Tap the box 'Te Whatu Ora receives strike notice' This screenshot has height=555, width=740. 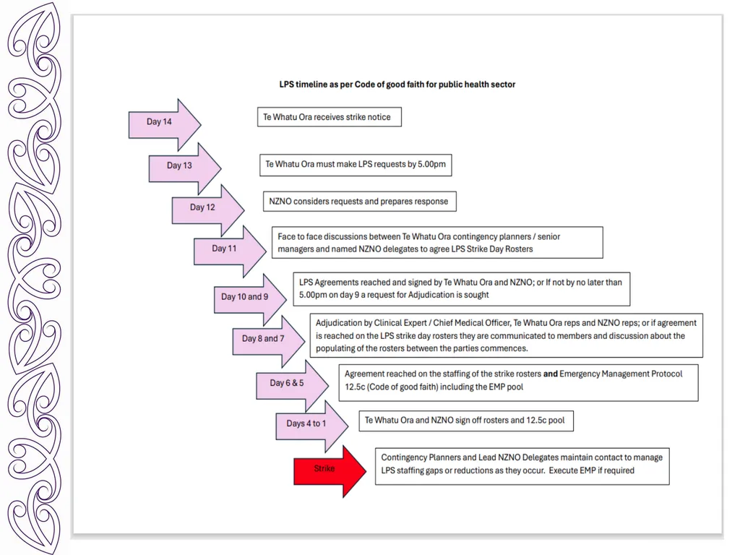coord(330,117)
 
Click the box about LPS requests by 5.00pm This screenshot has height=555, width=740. coord(356,165)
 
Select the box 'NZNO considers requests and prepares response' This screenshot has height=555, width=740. coord(360,202)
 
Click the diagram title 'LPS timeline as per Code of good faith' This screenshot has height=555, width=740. coord(397,85)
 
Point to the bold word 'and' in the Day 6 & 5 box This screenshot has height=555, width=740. coord(550,374)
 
